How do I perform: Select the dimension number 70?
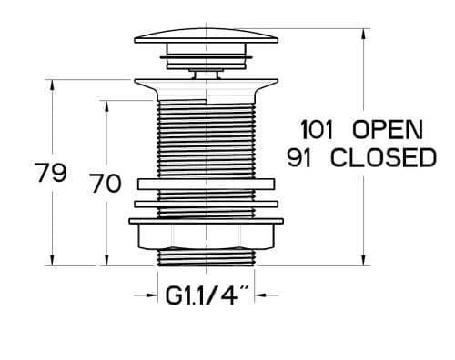(106, 183)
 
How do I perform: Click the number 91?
(302, 157)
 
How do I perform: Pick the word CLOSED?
(382, 157)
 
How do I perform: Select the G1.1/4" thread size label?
(207, 296)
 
